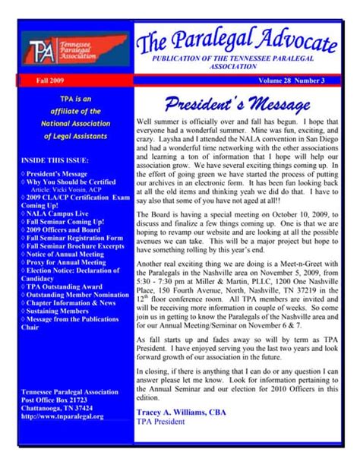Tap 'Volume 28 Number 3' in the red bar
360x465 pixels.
[289, 79]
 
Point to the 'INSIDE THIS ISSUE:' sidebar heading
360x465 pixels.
[55, 160]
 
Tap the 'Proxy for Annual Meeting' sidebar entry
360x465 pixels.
[67, 262]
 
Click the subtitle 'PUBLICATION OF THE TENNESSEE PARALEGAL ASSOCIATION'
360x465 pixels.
[237, 62]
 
